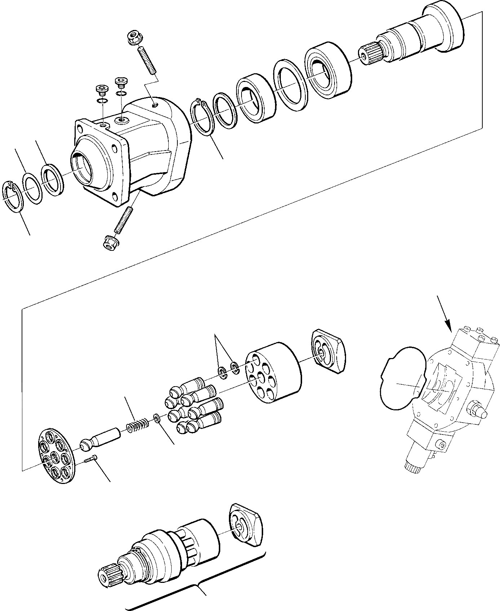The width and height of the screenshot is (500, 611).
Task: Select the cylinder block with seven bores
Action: [273, 372]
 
